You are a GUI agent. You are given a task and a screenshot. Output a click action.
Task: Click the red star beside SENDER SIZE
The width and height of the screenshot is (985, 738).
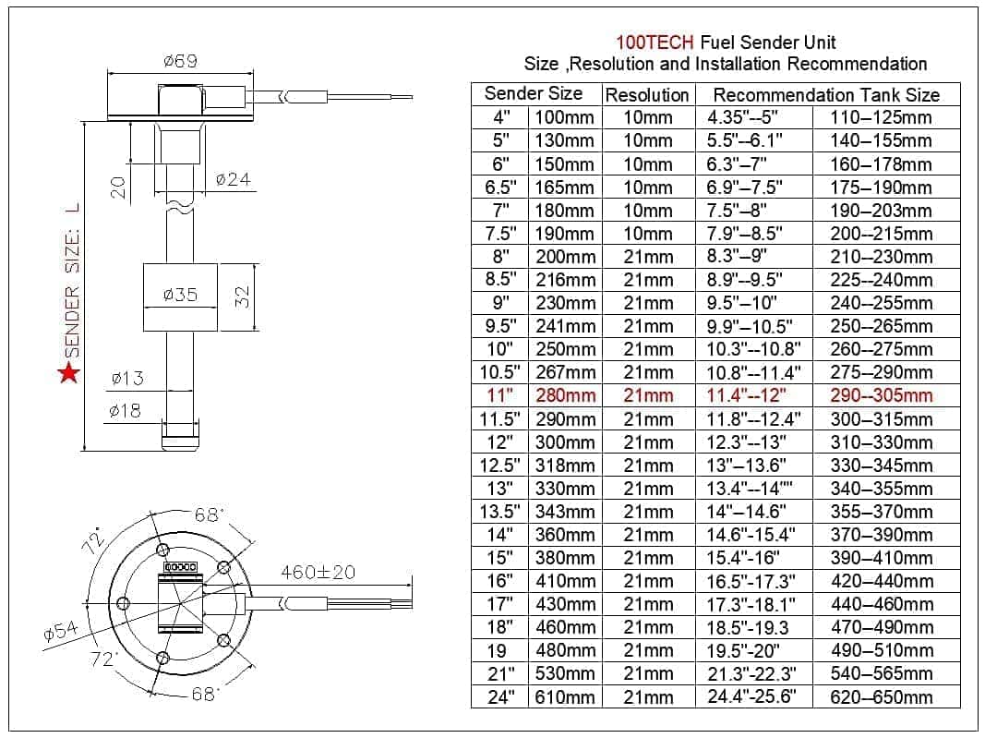pyautogui.click(x=68, y=373)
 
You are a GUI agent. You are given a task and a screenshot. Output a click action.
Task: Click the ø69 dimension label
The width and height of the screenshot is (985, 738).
pyautogui.click(x=180, y=61)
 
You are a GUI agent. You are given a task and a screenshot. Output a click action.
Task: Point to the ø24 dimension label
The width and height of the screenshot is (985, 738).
pyautogui.click(x=233, y=179)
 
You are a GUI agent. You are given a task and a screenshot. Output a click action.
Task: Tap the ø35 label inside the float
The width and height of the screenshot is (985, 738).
pyautogui.click(x=180, y=296)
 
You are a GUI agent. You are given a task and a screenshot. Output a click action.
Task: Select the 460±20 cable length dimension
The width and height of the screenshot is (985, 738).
pyautogui.click(x=318, y=572)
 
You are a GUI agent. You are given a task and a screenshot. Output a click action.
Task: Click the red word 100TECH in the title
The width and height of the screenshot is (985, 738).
pyautogui.click(x=656, y=42)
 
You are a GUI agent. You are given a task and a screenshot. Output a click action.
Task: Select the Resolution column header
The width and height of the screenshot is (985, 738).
pyautogui.click(x=647, y=95)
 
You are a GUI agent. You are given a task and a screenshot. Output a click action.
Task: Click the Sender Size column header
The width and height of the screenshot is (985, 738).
pyautogui.click(x=534, y=94)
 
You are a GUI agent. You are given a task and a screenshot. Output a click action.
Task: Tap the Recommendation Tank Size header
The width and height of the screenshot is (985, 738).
pyautogui.click(x=826, y=95)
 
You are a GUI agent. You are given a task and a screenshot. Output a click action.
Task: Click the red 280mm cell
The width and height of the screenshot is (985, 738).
pyautogui.click(x=565, y=396)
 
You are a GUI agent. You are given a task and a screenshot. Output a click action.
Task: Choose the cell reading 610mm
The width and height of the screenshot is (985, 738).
pyautogui.click(x=565, y=697)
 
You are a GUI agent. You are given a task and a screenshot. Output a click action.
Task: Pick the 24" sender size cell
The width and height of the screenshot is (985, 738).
pyautogui.click(x=500, y=697)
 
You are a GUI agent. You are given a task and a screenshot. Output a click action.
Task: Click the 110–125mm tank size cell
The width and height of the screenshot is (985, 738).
pyautogui.click(x=881, y=117)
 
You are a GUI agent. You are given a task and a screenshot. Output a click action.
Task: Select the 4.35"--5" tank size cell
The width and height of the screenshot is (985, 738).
pyautogui.click(x=743, y=117)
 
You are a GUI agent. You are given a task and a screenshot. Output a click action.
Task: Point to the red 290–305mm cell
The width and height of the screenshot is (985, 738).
pyautogui.click(x=881, y=396)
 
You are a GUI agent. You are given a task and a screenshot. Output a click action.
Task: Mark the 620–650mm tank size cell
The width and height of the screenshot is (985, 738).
pyautogui.click(x=881, y=697)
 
